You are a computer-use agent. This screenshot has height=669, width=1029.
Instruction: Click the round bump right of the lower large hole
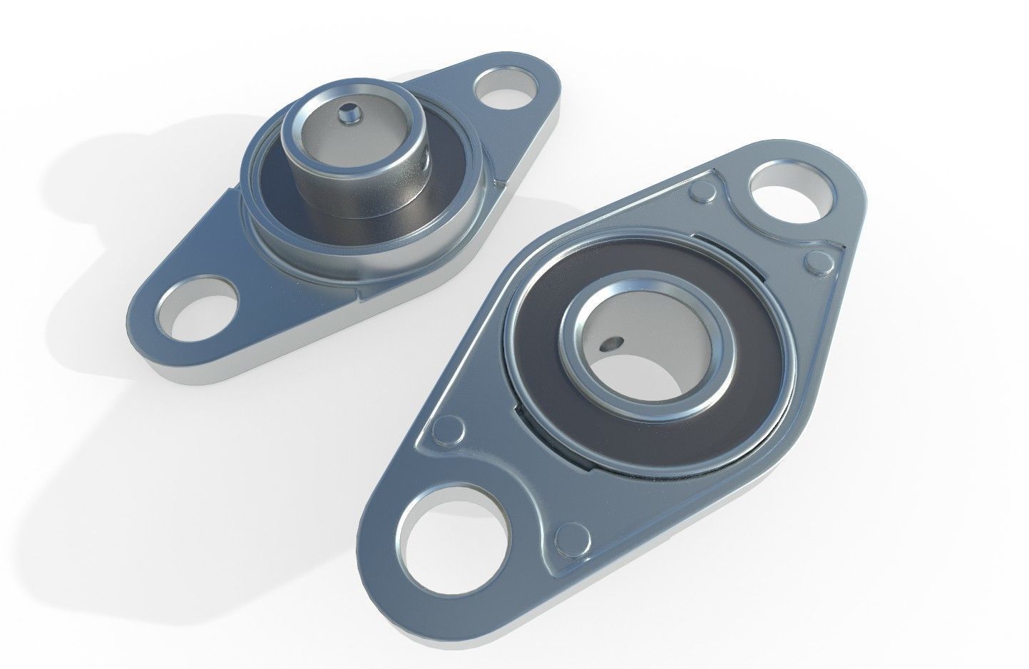571,537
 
